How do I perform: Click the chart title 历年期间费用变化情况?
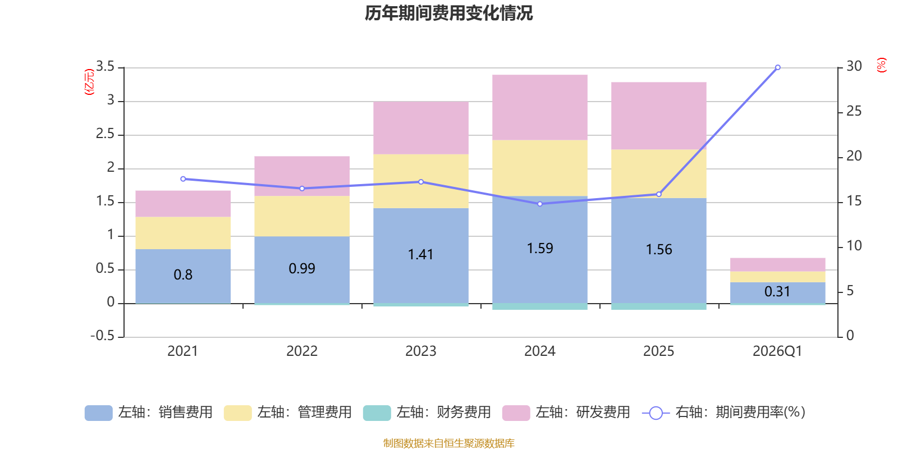(448, 13)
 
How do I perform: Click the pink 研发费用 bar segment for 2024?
(540, 107)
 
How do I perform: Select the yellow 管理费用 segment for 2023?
(421, 181)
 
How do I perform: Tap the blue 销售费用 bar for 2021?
(183, 276)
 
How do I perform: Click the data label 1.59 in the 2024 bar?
(540, 248)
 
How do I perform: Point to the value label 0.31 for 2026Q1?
(777, 292)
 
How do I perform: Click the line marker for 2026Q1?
(778, 67)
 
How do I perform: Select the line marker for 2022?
(302, 189)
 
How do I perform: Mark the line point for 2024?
(540, 204)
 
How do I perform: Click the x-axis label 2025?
(658, 351)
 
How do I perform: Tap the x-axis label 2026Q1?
(777, 351)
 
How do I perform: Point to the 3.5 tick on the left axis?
(105, 67)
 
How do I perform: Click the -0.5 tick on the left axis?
(102, 336)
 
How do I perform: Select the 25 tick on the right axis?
(854, 111)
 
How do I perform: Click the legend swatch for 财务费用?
(377, 413)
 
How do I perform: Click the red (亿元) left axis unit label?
(89, 82)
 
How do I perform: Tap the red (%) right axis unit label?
(882, 65)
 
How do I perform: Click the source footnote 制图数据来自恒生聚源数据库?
(448, 443)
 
